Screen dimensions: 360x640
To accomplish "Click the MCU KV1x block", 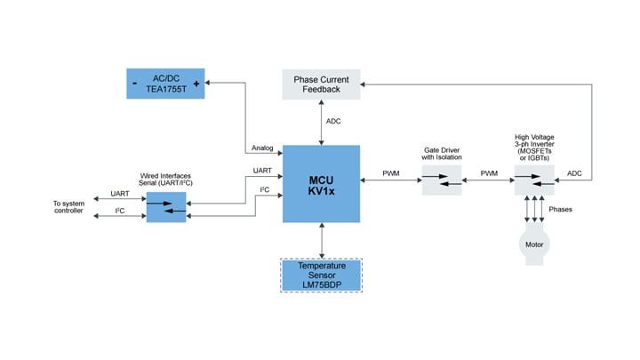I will pos(321,184).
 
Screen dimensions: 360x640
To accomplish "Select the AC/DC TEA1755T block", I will pos(164,83).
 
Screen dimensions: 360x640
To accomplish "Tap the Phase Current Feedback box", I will pos(321,84).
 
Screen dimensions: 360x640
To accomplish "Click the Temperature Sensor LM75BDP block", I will pos(321,275).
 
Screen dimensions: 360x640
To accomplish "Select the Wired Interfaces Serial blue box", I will pos(166,207).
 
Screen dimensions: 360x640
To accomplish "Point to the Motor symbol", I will pos(534,243).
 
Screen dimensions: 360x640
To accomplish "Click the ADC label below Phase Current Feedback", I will pos(333,122).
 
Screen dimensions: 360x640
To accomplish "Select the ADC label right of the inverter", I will pos(574,173).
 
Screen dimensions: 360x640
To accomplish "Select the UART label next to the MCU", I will pos(262,169).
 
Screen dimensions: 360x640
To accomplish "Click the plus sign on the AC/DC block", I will pos(196,83).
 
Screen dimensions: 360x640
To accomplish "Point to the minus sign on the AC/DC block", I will pos(133,83).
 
